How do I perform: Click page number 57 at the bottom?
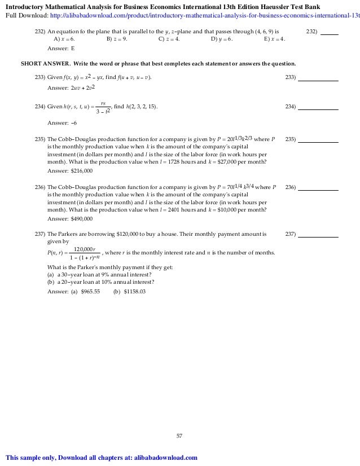coord(179,436)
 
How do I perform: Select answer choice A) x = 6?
coord(64,39)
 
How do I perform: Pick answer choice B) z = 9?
coord(117,39)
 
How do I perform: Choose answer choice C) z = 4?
coord(169,39)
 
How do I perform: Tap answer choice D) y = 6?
coord(222,39)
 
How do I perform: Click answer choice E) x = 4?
coord(274,39)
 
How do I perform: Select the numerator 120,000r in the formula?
coord(85,249)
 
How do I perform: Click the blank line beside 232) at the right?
coord(329,32)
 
